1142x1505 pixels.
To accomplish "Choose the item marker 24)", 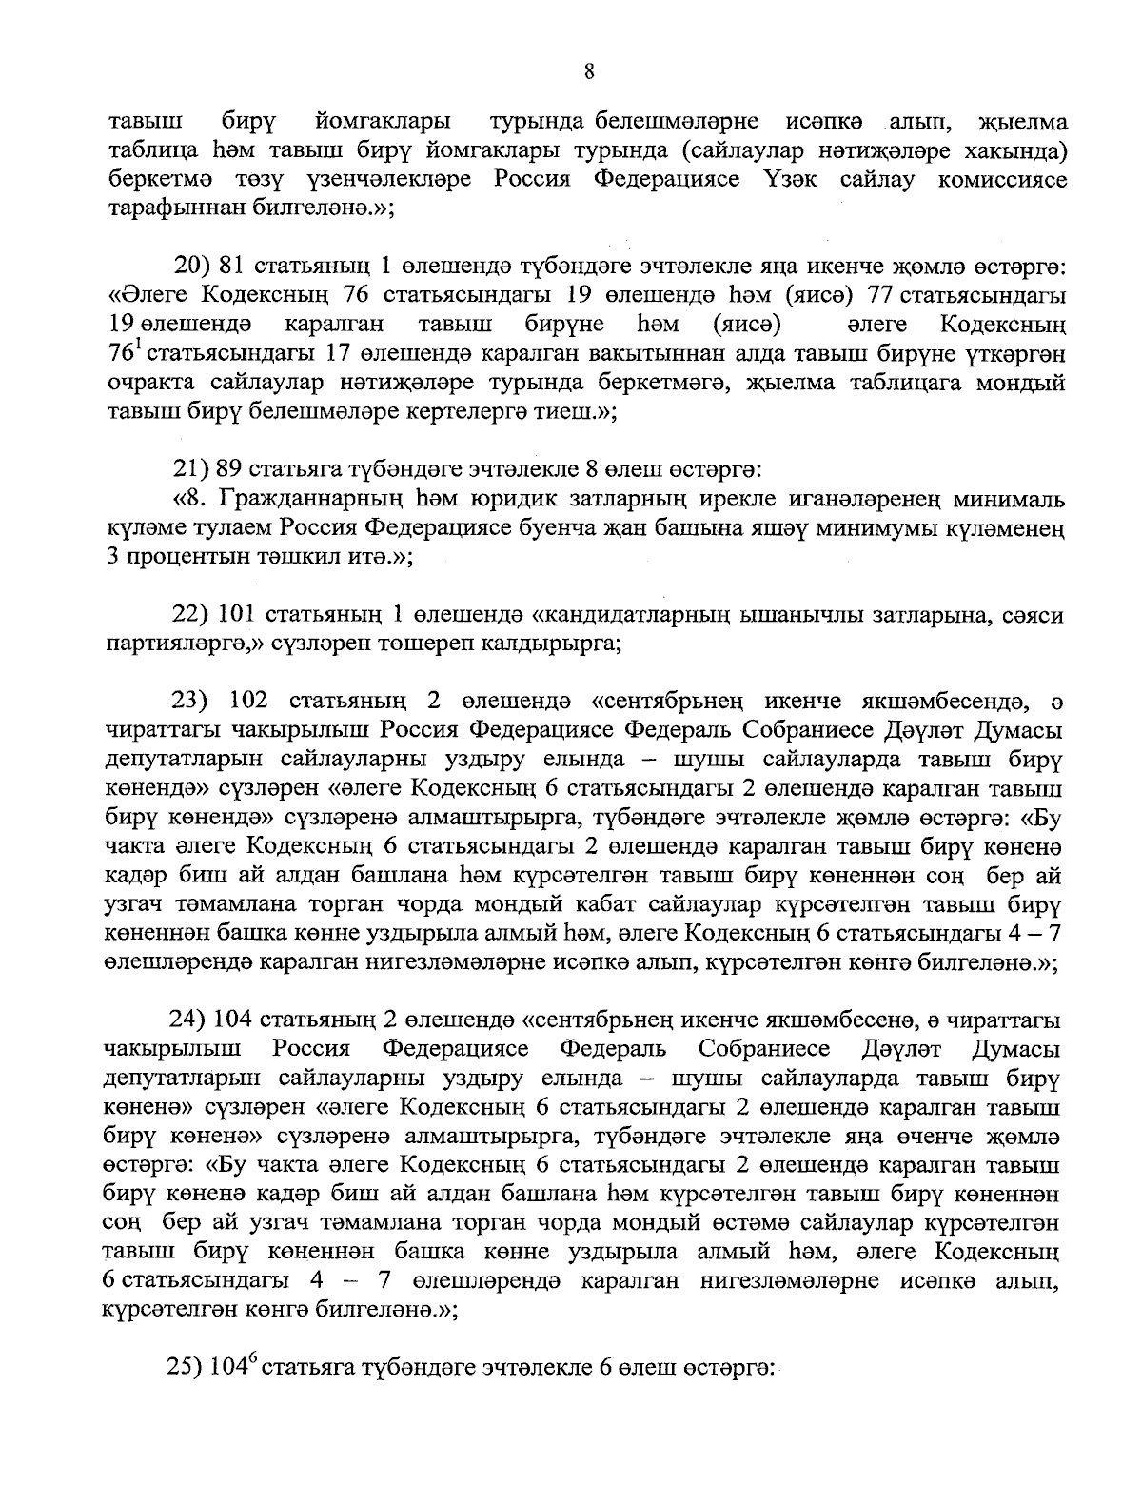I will pos(188,1020).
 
